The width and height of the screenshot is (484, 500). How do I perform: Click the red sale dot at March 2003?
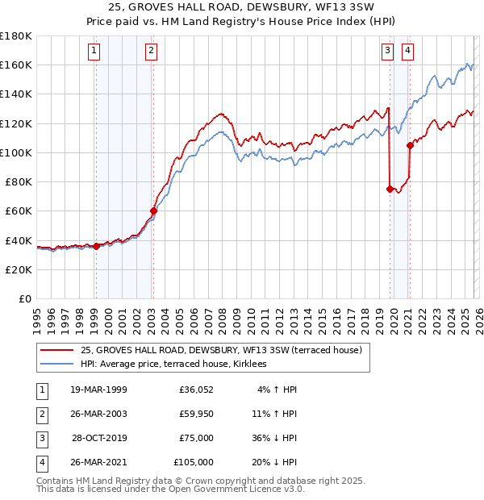click(153, 211)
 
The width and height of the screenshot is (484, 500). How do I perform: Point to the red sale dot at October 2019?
click(390, 189)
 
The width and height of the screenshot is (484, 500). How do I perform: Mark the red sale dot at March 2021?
click(410, 145)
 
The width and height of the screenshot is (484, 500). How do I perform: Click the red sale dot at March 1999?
click(96, 246)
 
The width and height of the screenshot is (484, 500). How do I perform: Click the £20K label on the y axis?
click(19, 269)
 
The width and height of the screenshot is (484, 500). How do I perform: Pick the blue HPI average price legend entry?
click(179, 365)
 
